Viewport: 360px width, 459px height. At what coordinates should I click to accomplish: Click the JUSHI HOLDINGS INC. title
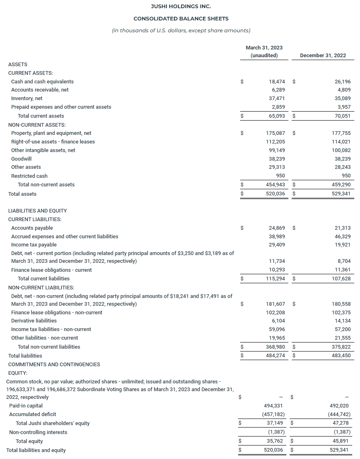[x=181, y=6]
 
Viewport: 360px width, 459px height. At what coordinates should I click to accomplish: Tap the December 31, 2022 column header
[x=323, y=56]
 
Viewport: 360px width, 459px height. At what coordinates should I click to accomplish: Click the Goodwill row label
[x=21, y=159]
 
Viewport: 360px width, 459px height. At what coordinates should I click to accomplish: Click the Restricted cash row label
[x=29, y=176]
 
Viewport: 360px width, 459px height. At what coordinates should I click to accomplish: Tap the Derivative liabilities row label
[x=34, y=320]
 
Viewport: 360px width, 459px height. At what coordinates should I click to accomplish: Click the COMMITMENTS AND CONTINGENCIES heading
[x=54, y=364]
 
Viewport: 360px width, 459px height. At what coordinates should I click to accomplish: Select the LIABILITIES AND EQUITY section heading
[x=37, y=210]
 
